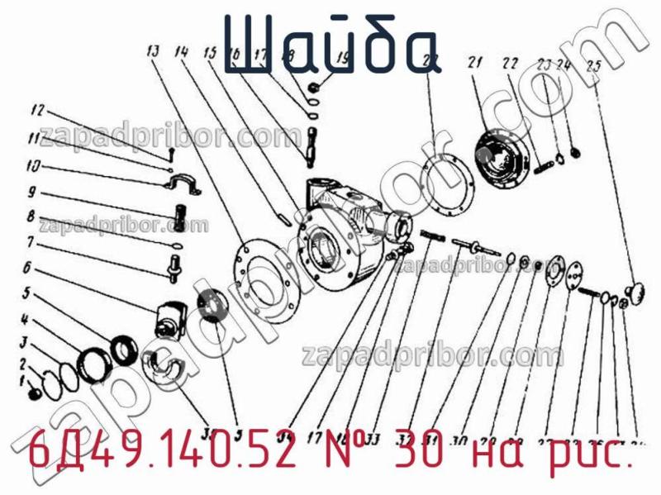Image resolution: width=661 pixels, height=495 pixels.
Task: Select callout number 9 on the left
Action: click(x=31, y=193)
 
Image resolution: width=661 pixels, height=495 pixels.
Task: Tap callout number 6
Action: click(x=27, y=268)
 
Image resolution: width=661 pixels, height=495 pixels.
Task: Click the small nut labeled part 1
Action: click(x=35, y=393)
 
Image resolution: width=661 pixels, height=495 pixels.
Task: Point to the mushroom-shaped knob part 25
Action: click(x=636, y=290)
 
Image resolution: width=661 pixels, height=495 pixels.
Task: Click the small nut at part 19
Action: click(x=316, y=86)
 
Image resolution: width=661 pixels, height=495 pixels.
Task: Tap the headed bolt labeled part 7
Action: click(x=176, y=267)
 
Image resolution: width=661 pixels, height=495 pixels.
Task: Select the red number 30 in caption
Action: click(x=415, y=454)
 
